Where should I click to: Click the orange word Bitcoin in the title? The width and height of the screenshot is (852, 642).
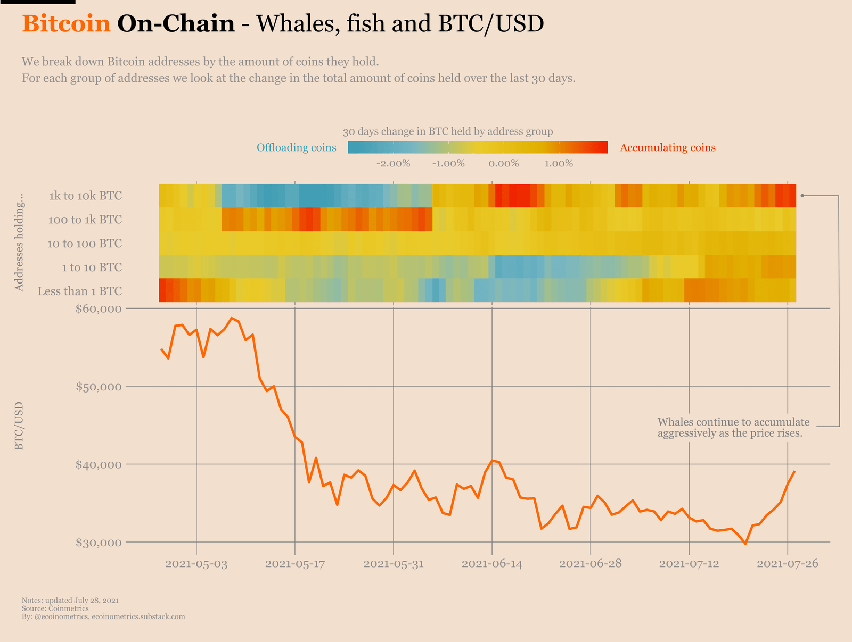click(66, 24)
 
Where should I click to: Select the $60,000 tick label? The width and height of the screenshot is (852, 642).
click(99, 309)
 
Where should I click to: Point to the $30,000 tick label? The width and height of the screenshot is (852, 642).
click(99, 543)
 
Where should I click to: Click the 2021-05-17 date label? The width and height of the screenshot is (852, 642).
click(294, 564)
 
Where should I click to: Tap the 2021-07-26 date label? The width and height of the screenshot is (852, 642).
click(787, 564)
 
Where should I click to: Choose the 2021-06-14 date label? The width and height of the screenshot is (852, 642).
click(491, 564)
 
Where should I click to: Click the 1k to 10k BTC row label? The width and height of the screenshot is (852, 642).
click(85, 196)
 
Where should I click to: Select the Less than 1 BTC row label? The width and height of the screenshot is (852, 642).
click(80, 291)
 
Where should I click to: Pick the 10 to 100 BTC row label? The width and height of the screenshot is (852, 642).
click(84, 244)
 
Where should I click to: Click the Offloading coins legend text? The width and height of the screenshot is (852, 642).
click(296, 147)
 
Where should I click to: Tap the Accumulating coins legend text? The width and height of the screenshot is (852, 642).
click(667, 147)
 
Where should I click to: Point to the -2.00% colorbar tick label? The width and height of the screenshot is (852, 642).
click(393, 163)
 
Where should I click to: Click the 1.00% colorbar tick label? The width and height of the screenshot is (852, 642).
click(558, 163)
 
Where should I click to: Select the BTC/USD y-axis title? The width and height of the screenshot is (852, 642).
click(19, 426)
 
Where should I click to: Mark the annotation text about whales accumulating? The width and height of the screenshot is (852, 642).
click(733, 428)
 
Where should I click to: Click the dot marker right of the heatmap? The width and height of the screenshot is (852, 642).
click(802, 196)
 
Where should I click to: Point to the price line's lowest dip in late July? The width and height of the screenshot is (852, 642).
click(745, 544)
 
